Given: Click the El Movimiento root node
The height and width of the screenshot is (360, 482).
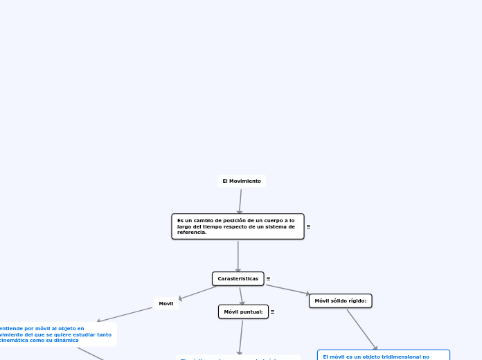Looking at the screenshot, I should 241,181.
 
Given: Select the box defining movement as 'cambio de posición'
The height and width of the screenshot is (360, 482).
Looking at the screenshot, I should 238,226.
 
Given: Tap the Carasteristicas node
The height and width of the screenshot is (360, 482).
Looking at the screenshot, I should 238,278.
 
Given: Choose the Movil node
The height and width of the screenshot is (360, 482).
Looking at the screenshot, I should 166,303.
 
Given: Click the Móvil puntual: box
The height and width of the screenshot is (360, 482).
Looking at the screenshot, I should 243,312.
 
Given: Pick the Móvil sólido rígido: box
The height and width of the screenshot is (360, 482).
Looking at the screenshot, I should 340,300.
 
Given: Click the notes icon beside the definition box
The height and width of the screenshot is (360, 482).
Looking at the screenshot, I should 308,226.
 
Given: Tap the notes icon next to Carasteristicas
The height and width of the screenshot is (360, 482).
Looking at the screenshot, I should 268,278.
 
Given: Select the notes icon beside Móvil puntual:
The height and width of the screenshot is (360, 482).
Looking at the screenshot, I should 272,312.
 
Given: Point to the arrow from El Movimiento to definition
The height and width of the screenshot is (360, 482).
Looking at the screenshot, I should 240,201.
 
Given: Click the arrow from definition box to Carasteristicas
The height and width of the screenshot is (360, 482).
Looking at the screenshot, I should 238,256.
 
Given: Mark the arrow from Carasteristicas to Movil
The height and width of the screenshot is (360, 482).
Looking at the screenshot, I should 197,293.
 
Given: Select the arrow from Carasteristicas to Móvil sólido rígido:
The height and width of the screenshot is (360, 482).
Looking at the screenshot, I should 287,290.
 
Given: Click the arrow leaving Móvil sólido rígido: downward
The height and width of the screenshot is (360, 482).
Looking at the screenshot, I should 361,330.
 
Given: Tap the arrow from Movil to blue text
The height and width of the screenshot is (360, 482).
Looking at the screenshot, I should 125,314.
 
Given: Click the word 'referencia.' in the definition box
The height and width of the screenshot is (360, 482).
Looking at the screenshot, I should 192,233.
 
